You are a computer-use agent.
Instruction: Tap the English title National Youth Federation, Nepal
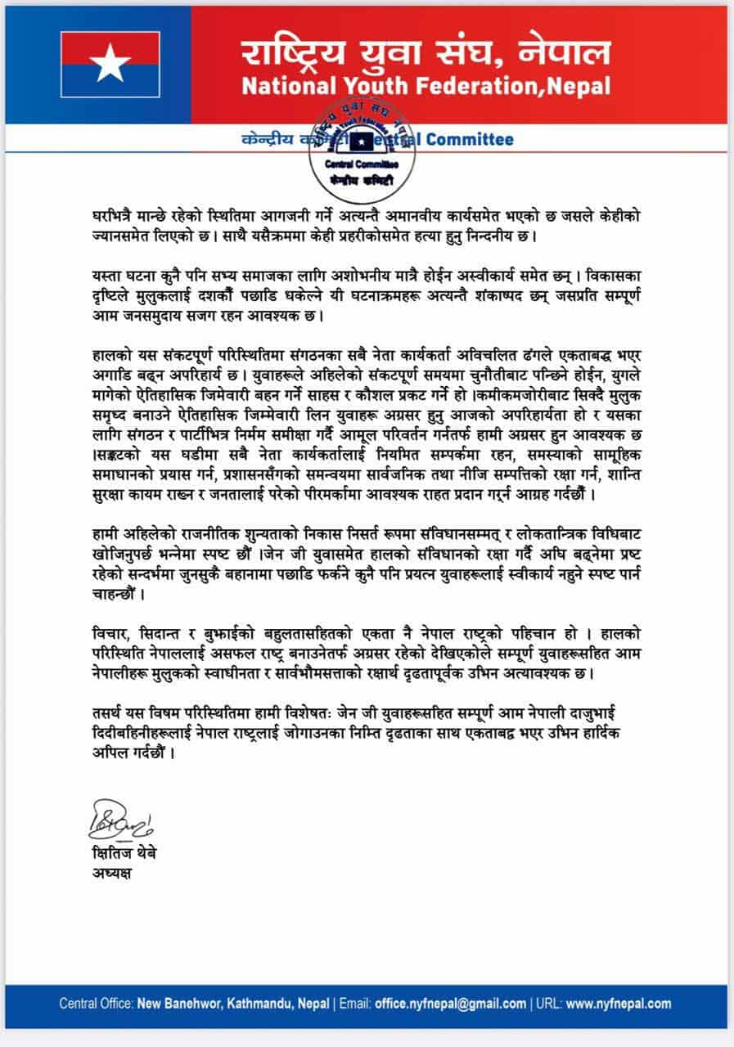pyautogui.click(x=426, y=84)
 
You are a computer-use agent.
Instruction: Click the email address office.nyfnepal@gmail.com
pyautogui.click(x=450, y=1004)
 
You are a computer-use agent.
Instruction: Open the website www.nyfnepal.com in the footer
pyautogui.click(x=619, y=1004)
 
